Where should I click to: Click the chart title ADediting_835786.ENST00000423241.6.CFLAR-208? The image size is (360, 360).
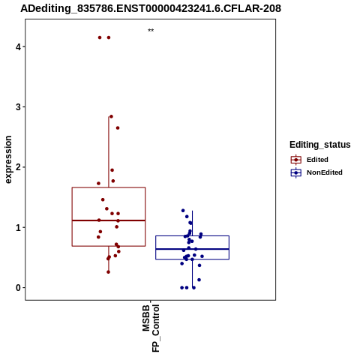[151, 8]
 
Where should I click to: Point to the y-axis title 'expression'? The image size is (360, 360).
[8, 160]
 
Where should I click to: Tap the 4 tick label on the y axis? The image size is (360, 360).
[18, 46]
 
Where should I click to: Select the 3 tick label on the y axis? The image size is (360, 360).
[18, 107]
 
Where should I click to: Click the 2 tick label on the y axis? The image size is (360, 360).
[18, 167]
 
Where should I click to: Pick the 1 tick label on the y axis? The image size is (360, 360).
[18, 227]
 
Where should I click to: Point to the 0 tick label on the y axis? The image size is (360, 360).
[18, 288]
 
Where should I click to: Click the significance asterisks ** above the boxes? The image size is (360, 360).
[151, 31]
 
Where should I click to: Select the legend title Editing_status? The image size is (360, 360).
[320, 145]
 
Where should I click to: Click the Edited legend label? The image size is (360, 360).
[317, 160]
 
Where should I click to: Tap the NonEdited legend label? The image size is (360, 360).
[325, 172]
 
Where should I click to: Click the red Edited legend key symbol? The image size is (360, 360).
[296, 160]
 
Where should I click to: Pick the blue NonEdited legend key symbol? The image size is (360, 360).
[296, 172]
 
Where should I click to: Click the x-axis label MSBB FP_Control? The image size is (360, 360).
[151, 328]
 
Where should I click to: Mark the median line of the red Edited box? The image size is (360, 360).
[109, 220]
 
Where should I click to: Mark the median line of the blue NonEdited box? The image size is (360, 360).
[193, 249]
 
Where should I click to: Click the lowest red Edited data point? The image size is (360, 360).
[108, 272]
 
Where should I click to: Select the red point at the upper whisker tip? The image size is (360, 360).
[111, 116]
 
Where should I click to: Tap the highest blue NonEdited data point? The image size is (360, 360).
[183, 211]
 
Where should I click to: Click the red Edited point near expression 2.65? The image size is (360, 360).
[118, 128]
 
